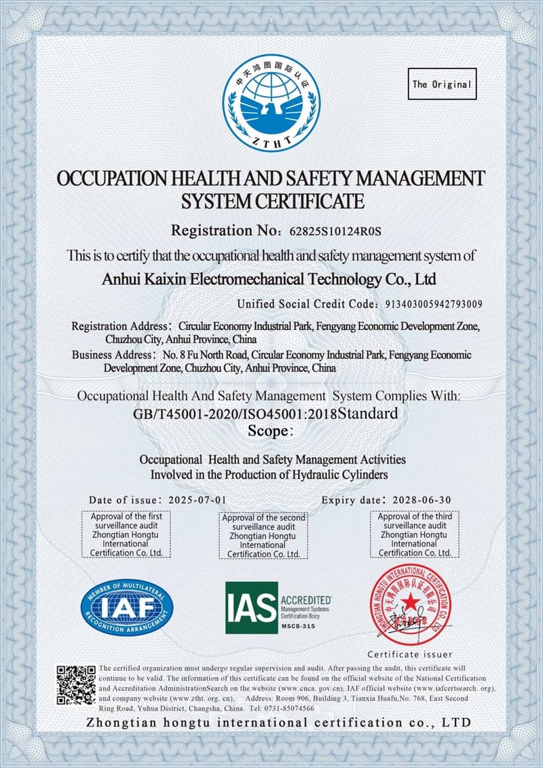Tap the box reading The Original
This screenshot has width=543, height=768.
(x=442, y=85)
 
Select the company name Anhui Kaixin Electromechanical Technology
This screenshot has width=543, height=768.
(x=268, y=278)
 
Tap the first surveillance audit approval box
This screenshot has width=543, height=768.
(x=126, y=534)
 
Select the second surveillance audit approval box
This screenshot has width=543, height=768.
(x=263, y=536)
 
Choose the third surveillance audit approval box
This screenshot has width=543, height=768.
(x=415, y=534)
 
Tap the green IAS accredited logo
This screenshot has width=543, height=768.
(x=278, y=607)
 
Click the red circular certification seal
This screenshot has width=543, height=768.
(x=410, y=606)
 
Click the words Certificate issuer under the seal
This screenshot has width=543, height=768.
(x=410, y=655)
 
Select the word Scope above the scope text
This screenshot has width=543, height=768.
(x=269, y=431)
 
